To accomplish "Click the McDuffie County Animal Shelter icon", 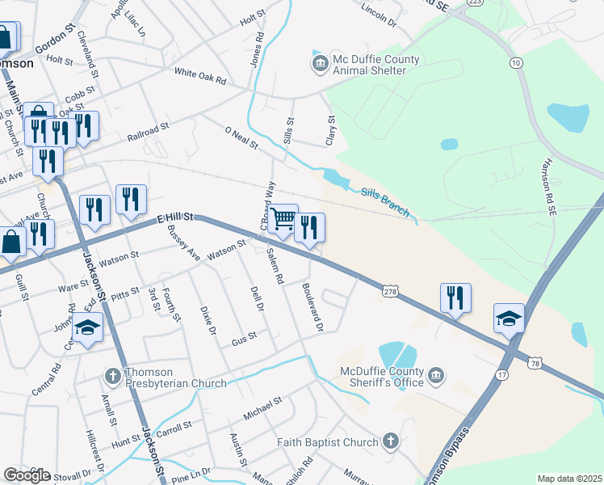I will click(x=320, y=62).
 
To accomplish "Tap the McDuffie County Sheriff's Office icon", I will click(x=436, y=375).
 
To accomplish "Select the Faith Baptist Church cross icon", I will click(x=391, y=441).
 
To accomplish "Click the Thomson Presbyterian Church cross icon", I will click(x=115, y=376).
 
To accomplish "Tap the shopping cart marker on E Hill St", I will click(x=283, y=219).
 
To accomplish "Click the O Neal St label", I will click(x=241, y=137).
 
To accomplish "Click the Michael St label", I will click(x=262, y=407).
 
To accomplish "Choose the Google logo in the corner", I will click(x=27, y=475).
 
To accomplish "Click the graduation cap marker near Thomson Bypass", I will click(x=510, y=318).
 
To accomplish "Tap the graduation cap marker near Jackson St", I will click(x=88, y=327).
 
